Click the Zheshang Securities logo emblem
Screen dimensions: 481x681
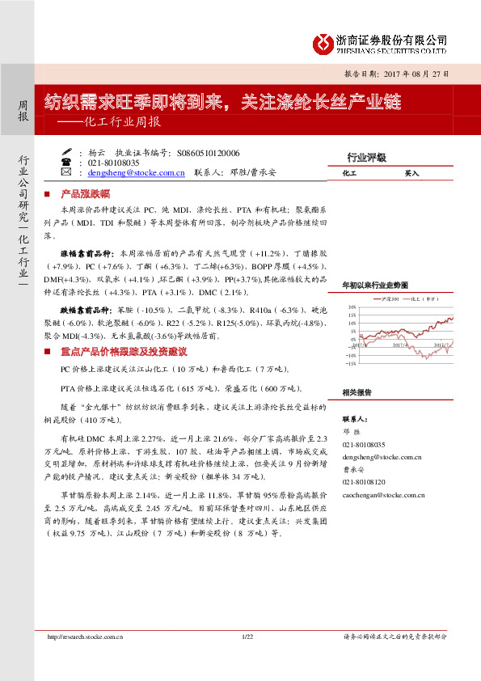323,42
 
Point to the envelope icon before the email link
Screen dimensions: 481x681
66,172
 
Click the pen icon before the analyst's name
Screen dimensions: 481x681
66,152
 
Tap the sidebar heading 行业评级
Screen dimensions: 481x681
366,158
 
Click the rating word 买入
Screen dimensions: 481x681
411,174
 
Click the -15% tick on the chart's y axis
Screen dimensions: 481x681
350,364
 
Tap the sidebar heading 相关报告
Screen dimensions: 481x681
357,392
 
